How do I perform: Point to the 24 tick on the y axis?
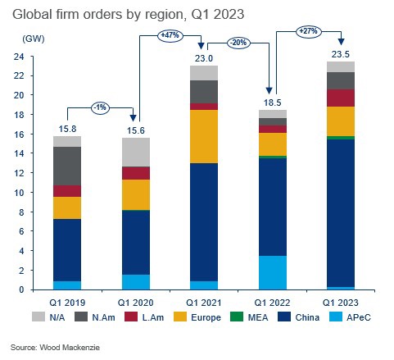point(16,57)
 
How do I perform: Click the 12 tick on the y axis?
point(16,173)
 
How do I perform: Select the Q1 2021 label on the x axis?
point(203,300)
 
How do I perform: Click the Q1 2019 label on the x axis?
point(67,300)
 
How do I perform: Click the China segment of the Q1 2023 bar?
point(340,212)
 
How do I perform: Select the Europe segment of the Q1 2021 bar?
point(203,136)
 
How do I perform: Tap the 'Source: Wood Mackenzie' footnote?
point(56,347)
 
